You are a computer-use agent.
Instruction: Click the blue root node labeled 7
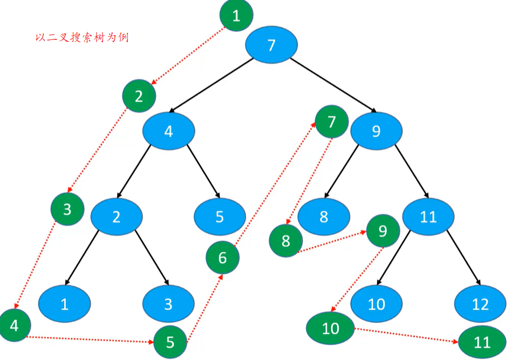tap(271, 45)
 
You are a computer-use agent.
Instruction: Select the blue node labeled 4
tap(169, 131)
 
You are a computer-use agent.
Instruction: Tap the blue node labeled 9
tap(376, 131)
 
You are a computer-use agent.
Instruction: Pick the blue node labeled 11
tap(428, 217)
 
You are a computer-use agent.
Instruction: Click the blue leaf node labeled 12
tap(480, 304)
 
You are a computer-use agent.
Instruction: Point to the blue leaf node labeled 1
tap(65, 304)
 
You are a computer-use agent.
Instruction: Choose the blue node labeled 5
tap(220, 217)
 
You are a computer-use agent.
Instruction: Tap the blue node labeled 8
tap(324, 217)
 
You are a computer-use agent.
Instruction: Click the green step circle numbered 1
tap(236, 16)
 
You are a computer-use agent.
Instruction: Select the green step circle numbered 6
tap(223, 258)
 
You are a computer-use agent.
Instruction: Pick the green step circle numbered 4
tap(14, 326)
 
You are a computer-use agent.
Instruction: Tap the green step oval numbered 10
tap(330, 328)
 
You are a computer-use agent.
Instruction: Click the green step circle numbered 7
tap(332, 121)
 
